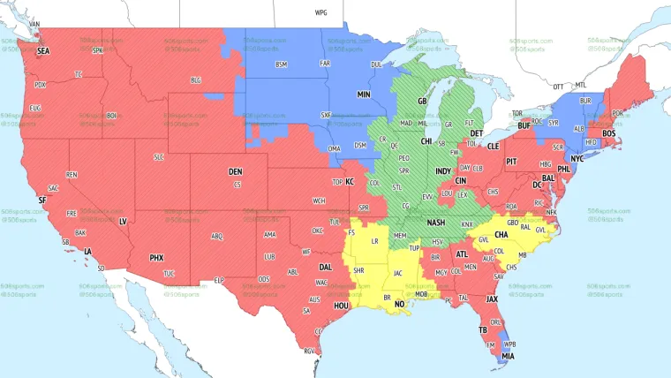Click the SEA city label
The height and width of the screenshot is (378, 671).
(43, 52)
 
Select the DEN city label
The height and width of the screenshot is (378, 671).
(235, 171)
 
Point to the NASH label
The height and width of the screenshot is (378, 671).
(435, 224)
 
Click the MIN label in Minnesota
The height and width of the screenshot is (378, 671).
(364, 94)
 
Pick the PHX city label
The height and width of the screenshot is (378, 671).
(156, 258)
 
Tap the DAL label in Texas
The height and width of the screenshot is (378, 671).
(326, 267)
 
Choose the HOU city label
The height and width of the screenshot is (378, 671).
(342, 306)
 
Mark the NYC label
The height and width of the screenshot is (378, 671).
(577, 159)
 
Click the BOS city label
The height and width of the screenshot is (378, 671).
(609, 133)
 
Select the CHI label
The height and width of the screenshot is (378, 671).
(426, 141)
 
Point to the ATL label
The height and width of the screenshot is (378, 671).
(462, 254)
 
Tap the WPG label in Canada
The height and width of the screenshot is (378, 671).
(320, 13)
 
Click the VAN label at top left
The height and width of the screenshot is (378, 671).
(34, 24)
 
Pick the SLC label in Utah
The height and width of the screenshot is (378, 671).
(159, 157)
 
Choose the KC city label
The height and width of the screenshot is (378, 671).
(350, 181)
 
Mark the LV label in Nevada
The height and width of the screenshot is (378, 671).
(123, 221)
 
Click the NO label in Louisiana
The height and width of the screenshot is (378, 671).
(399, 303)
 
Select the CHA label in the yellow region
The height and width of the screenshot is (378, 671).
(501, 235)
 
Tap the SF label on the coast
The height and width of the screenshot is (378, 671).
(41, 200)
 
